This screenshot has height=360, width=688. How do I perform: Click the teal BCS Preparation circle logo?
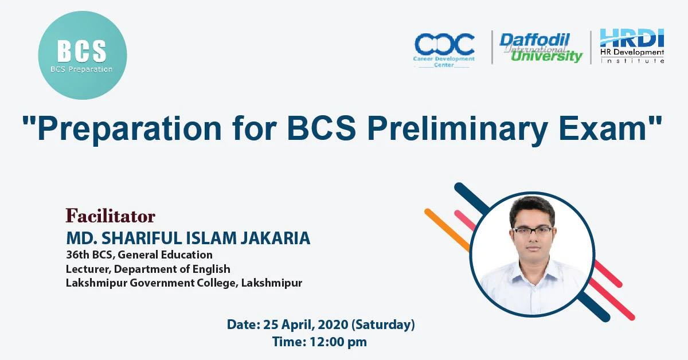[x=82, y=56]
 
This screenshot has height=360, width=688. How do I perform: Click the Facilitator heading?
[x=110, y=216]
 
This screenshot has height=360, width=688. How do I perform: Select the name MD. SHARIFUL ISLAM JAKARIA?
[x=188, y=237]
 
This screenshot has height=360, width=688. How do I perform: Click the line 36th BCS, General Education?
[x=139, y=255]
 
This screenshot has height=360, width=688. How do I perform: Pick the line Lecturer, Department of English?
[x=148, y=268]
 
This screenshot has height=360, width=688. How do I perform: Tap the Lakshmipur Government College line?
[x=183, y=283]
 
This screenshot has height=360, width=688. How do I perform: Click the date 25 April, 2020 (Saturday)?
[x=320, y=324]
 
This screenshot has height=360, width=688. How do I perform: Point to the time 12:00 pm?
[x=320, y=343]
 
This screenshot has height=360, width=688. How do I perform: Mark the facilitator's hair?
[x=533, y=209]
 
